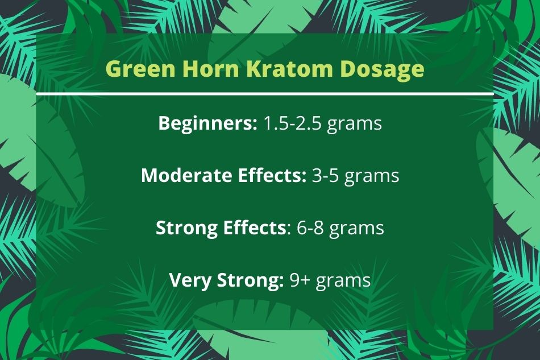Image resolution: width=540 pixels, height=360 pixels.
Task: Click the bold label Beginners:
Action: [x=207, y=123]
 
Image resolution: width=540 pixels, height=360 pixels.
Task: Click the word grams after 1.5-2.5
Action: [x=354, y=125]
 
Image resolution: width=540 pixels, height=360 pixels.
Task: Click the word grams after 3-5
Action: [x=372, y=177]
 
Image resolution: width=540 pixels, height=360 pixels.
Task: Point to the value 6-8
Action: [x=310, y=227]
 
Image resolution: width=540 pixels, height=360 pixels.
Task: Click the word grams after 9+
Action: [x=343, y=282]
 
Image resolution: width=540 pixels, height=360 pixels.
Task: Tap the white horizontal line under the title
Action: [x=265, y=94]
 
